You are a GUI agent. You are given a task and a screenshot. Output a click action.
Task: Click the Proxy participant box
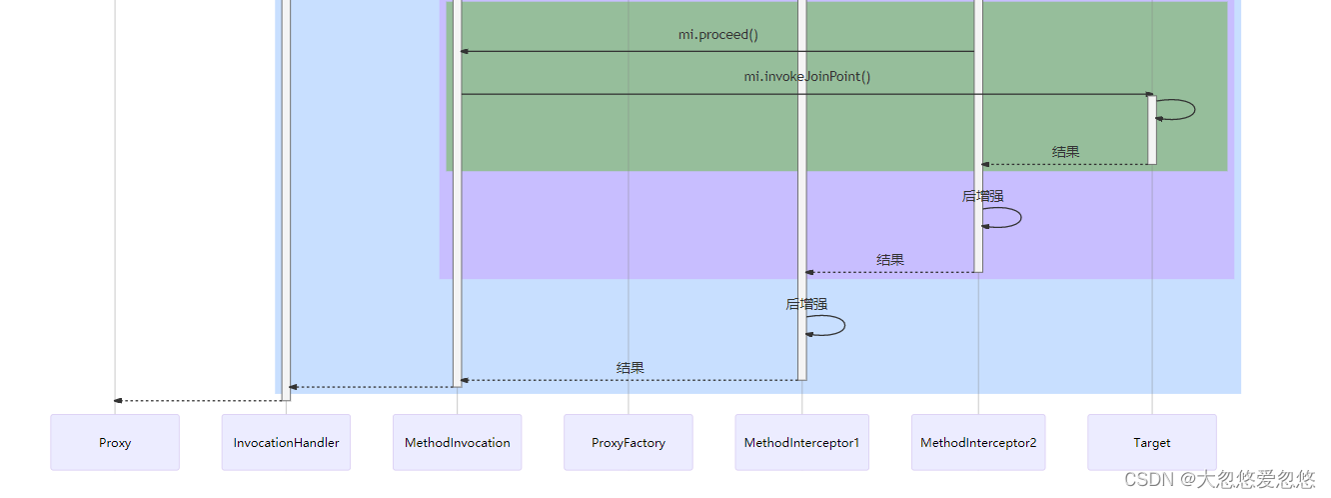[x=115, y=442]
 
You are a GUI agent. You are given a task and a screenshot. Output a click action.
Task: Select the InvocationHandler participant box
[x=286, y=442]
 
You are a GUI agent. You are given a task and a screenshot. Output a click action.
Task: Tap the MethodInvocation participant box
[x=457, y=442]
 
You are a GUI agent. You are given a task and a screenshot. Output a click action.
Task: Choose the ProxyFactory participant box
[x=628, y=442]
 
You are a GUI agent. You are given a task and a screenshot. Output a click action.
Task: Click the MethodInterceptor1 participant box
[x=801, y=442]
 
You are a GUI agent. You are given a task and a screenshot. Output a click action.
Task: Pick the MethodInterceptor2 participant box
[x=978, y=442]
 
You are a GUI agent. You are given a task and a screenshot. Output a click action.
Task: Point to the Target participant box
[x=1151, y=442]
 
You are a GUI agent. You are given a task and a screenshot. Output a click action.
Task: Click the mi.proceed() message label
[x=717, y=35]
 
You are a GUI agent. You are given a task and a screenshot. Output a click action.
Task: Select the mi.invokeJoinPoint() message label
[x=806, y=77]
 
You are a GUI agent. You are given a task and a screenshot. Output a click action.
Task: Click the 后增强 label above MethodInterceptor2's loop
[x=982, y=196]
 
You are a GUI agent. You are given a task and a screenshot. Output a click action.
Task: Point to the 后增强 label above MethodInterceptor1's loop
[x=805, y=304]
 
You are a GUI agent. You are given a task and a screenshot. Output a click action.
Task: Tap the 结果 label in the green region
[x=1065, y=152]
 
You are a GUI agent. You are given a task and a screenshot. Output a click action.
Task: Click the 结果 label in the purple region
[x=890, y=260]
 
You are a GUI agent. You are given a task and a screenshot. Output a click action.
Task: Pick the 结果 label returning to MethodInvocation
[x=630, y=368]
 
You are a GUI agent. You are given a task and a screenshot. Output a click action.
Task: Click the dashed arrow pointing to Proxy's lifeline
[x=200, y=401]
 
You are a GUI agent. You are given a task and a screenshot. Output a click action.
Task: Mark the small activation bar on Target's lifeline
[x=1151, y=130]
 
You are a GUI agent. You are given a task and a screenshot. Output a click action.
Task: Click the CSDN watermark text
[x=1219, y=479]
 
